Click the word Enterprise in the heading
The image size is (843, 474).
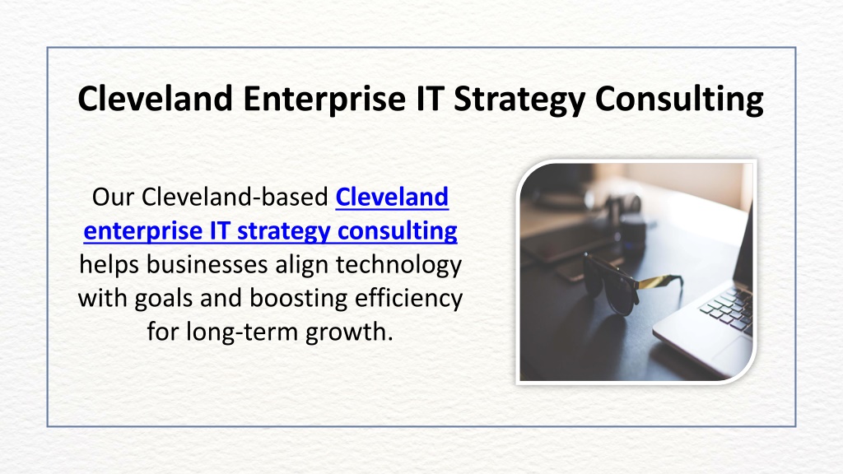324,99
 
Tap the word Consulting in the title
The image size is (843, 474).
679,99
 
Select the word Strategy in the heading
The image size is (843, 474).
519,100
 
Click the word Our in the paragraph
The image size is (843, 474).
113,197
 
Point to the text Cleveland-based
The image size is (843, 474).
235,197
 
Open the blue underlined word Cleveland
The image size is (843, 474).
392,197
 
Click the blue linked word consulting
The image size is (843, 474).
398,231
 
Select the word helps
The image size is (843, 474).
109,264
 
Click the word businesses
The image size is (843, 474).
207,264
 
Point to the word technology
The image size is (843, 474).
399,265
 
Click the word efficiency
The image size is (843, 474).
408,299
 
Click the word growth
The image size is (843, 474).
349,332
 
